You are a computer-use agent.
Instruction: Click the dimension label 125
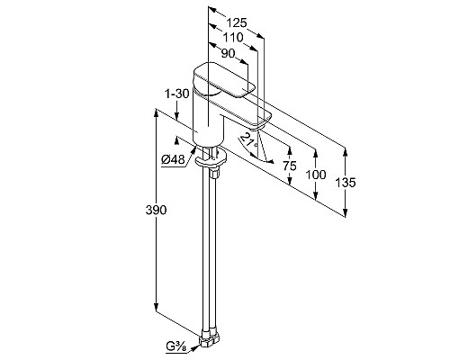(x=236, y=22)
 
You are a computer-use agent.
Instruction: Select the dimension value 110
(x=233, y=38)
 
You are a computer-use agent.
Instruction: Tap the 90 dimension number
(x=228, y=53)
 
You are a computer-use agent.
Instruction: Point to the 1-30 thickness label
(x=177, y=94)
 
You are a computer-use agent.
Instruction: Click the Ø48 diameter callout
(x=173, y=160)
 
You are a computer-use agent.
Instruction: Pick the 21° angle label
(x=249, y=140)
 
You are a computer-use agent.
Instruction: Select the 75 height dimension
(x=290, y=166)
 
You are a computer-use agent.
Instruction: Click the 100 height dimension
(x=315, y=175)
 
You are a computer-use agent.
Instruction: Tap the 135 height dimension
(x=346, y=183)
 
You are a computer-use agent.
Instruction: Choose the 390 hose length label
(x=156, y=210)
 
